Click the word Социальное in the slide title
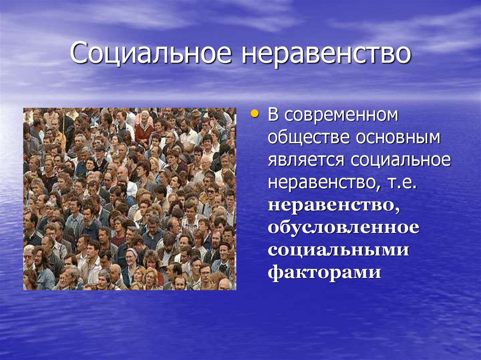tap(150, 54)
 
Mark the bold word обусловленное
tap(343, 227)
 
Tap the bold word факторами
tap(324, 272)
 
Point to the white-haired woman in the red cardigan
tap(144, 123)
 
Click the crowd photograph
tap(130, 199)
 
